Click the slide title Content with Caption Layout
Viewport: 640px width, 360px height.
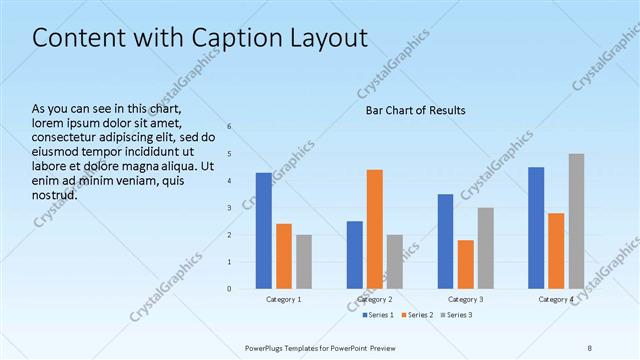[x=200, y=39]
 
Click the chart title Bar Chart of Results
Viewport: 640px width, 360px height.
[x=415, y=110]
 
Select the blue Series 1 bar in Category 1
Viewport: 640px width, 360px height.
[x=263, y=231]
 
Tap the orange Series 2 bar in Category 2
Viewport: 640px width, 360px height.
[x=375, y=229]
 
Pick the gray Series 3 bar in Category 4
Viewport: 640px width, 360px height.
[x=577, y=221]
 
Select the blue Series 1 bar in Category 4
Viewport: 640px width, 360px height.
[x=536, y=228]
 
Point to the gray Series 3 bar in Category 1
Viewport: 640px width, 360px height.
[x=304, y=262]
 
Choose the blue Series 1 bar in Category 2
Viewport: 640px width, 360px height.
[x=354, y=255]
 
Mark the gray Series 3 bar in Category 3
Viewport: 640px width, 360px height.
[x=486, y=248]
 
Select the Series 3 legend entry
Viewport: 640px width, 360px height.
[x=459, y=315]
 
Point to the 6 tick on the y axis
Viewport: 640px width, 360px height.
[x=229, y=127]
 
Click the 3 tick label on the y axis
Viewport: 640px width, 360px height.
[x=229, y=208]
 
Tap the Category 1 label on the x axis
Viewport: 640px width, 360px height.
[x=284, y=299]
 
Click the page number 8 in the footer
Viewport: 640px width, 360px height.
[x=589, y=347]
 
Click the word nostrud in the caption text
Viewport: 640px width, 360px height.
[x=55, y=194]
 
